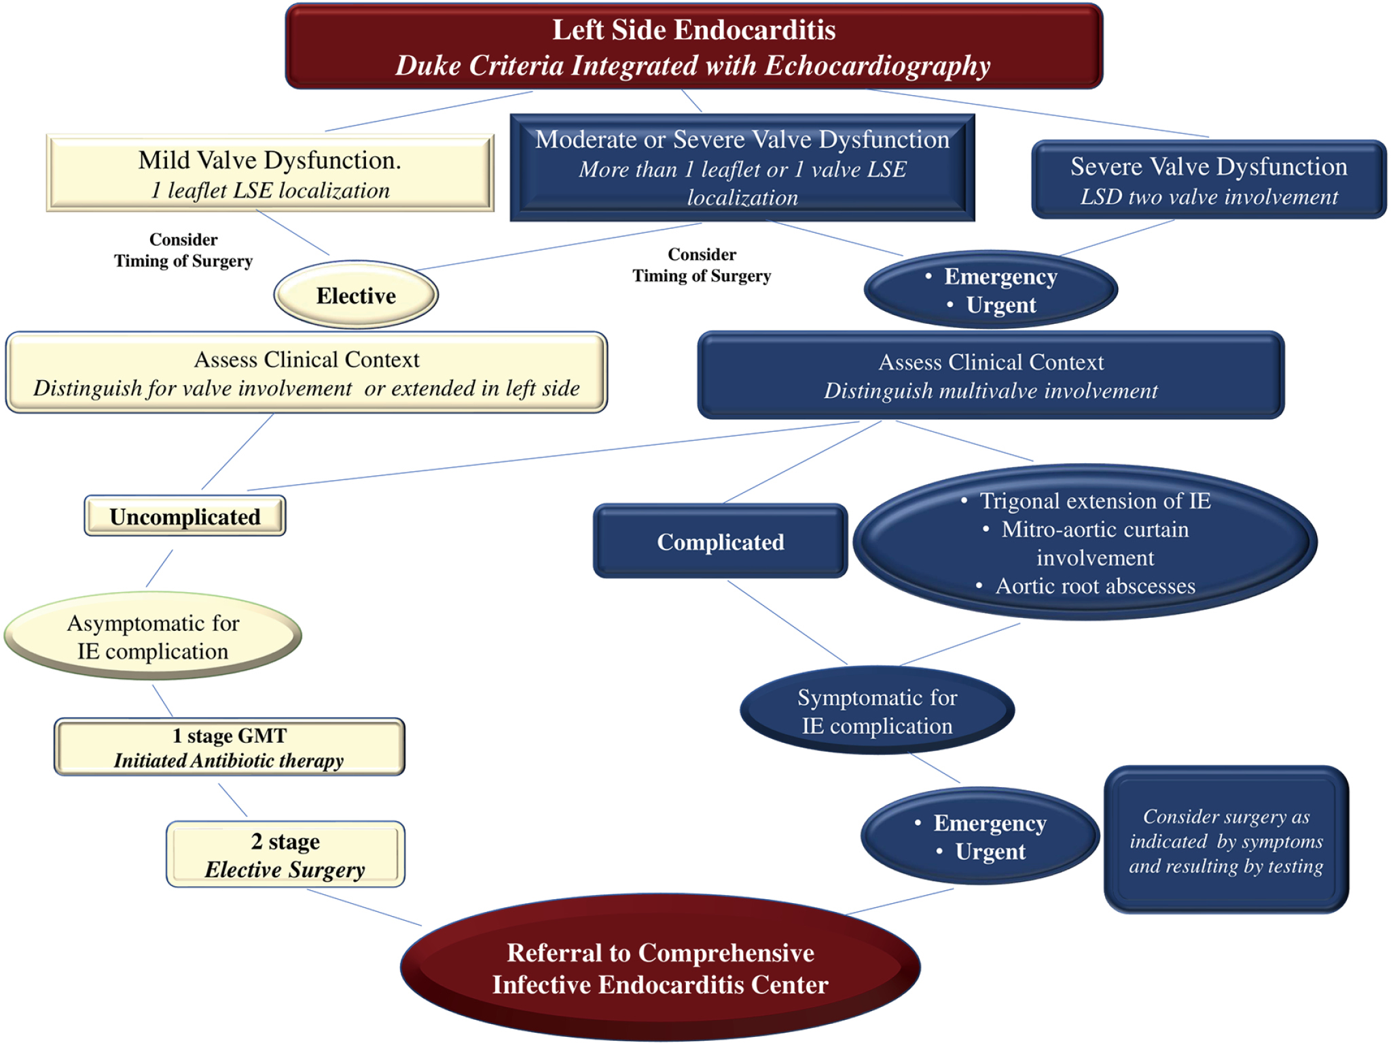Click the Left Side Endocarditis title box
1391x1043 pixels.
point(693,46)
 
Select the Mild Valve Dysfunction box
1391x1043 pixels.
point(270,173)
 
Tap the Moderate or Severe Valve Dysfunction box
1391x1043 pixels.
point(742,168)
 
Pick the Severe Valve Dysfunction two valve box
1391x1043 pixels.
point(1209,179)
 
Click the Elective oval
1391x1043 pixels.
point(356,295)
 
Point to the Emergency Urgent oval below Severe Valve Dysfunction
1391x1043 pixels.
point(991,290)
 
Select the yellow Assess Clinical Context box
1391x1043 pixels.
point(306,373)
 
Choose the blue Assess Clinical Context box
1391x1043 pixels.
point(991,375)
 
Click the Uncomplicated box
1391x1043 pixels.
point(185,516)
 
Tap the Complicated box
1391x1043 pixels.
point(721,541)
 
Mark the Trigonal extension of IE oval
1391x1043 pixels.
point(1085,542)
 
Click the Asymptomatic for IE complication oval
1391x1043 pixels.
point(153,636)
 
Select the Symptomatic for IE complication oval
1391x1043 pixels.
point(877,710)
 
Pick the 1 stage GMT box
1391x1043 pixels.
point(230,747)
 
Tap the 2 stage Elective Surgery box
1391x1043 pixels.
point(285,854)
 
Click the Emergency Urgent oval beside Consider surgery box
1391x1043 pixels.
point(980,836)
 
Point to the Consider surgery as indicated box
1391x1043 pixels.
point(1226,840)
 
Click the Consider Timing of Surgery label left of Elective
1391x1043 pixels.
point(183,251)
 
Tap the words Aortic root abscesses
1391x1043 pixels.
point(1095,586)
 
